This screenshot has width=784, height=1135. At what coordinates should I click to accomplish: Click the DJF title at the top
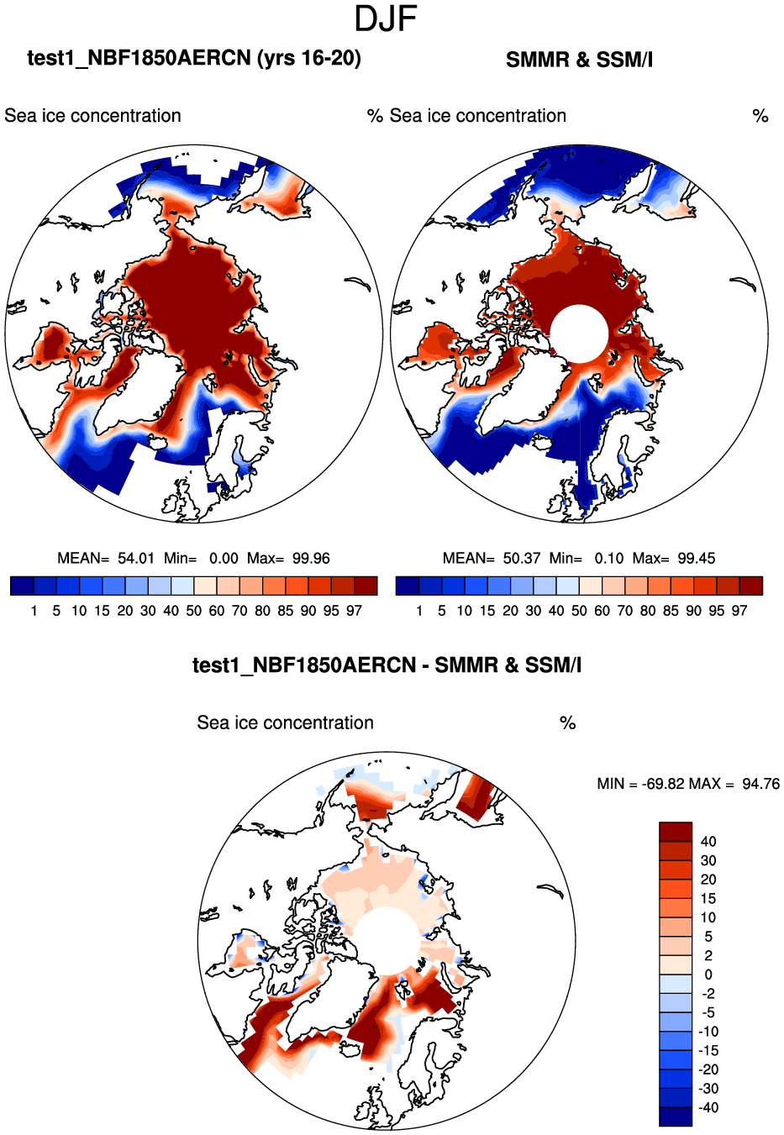pos(386,19)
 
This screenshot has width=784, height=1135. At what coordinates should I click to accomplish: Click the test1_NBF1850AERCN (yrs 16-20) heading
pos(194,58)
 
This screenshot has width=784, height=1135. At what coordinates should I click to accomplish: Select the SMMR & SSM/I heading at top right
pos(579,60)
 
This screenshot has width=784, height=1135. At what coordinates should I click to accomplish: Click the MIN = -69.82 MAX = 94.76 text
pos(688,784)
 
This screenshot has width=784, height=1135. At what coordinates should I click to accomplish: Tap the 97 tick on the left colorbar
pos(354,611)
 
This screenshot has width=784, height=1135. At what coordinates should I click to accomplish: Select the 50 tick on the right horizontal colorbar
pos(579,611)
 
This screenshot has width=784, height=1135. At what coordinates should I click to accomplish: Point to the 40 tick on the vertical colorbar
pos(708,842)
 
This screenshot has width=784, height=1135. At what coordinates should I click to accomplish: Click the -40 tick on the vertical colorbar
pos(708,1108)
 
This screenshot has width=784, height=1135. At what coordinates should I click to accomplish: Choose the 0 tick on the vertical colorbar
pos(708,975)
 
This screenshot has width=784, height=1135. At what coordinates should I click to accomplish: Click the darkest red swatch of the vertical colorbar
pos(676,832)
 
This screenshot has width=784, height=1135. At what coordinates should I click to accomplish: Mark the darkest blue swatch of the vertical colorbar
pos(676,1117)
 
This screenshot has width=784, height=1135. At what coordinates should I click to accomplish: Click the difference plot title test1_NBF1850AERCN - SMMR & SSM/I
pos(387,665)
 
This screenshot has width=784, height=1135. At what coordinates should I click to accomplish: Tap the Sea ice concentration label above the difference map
pos(285,723)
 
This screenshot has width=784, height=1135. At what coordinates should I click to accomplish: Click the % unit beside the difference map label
pos(568,723)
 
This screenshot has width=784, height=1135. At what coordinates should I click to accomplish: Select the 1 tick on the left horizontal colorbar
pos(34,611)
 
